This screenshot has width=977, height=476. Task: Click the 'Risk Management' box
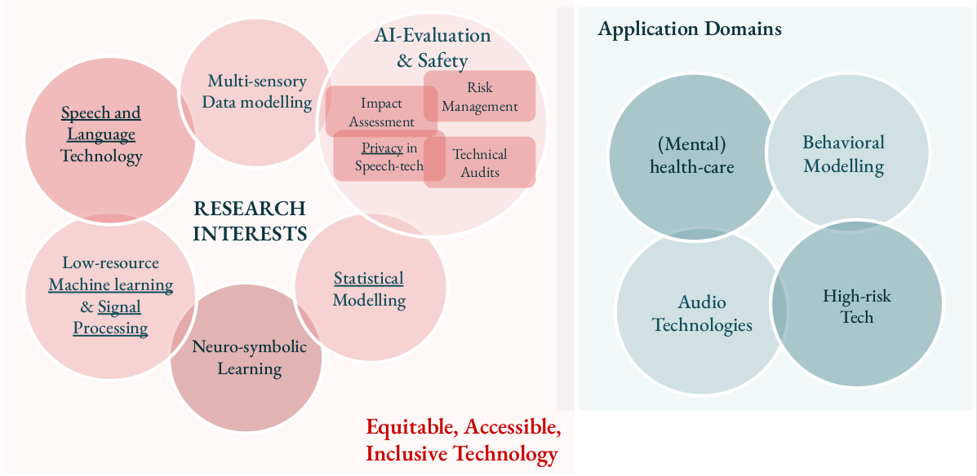point(480,96)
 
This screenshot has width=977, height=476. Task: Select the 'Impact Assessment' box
point(381,112)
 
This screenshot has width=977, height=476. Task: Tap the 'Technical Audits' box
point(480,161)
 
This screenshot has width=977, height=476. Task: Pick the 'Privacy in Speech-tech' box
point(389,156)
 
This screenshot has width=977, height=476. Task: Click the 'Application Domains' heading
point(690,29)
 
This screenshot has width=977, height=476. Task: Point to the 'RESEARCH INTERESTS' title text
point(250,220)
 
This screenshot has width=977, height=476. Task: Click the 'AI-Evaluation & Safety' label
point(433,47)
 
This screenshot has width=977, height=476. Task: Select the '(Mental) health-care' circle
point(692,156)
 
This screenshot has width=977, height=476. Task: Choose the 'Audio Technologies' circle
point(702,312)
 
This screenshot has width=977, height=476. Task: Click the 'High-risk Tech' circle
point(857,304)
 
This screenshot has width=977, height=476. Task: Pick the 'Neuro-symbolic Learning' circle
point(246,357)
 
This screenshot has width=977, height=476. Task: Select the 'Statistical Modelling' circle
point(370,288)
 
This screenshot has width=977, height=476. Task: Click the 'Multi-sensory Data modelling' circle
point(255,91)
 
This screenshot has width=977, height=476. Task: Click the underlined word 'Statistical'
point(369,277)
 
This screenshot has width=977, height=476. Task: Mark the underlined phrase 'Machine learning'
point(111,285)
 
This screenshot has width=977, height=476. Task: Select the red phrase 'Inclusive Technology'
point(462,454)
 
